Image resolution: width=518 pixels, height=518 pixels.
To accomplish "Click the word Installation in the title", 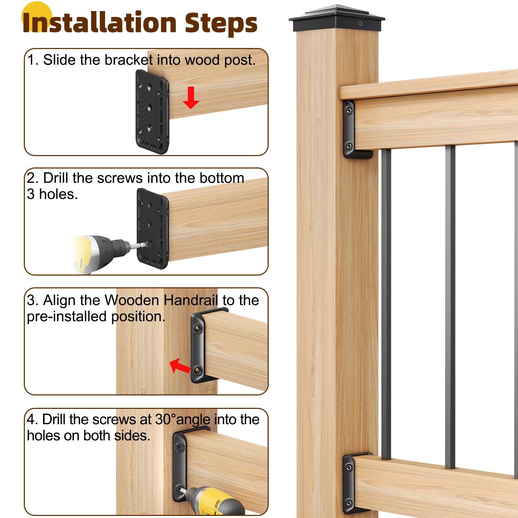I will click(x=100, y=23).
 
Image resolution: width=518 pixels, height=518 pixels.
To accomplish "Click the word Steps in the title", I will click(x=221, y=23).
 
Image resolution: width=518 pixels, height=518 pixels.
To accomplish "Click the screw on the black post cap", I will click(x=361, y=24).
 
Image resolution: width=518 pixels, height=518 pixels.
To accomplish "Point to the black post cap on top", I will click(x=337, y=19).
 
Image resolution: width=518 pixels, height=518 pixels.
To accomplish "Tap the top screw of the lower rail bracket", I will click(x=349, y=467).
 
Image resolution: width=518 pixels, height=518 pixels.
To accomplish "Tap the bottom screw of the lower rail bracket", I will click(x=349, y=502).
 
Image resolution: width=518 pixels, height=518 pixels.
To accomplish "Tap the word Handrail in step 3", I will click(x=191, y=300).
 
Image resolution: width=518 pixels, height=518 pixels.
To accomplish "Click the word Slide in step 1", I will click(x=59, y=60).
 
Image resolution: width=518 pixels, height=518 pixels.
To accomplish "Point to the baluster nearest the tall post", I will click(x=386, y=304).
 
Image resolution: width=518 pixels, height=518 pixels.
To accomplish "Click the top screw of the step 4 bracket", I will click(x=180, y=448).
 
